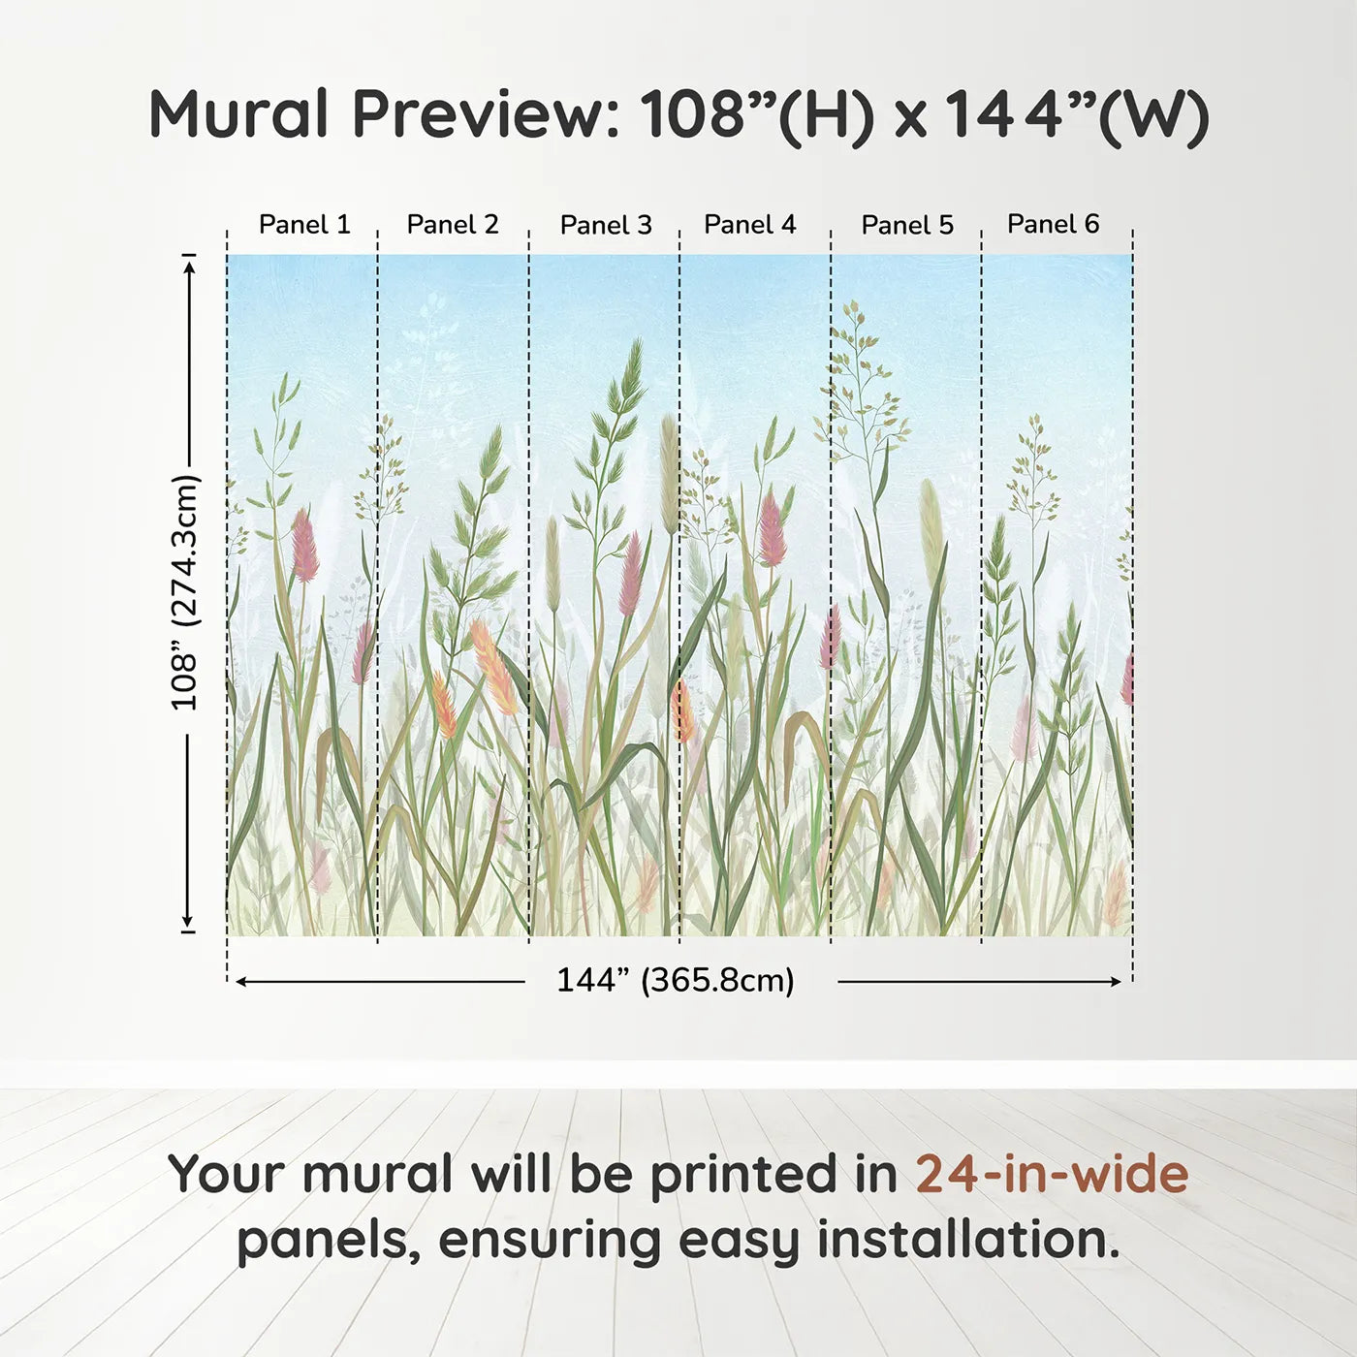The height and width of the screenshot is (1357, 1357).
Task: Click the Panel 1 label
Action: click(x=304, y=224)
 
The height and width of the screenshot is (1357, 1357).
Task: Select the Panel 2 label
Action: click(x=453, y=224)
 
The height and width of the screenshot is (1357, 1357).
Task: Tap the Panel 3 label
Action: click(x=607, y=225)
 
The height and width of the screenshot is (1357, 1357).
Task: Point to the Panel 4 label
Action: click(x=750, y=224)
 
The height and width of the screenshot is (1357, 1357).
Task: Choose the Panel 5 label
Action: click(x=907, y=225)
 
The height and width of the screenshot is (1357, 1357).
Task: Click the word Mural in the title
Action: click(x=239, y=113)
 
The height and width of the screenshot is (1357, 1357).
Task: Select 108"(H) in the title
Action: click(x=756, y=116)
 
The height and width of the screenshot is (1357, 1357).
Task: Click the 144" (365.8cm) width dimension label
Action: click(x=676, y=980)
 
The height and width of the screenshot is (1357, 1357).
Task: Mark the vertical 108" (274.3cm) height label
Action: click(x=185, y=592)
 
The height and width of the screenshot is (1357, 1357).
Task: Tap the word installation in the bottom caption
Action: click(x=968, y=1239)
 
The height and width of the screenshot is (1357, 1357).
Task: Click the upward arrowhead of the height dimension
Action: click(x=189, y=268)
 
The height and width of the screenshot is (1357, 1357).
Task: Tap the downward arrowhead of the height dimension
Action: click(x=187, y=920)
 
